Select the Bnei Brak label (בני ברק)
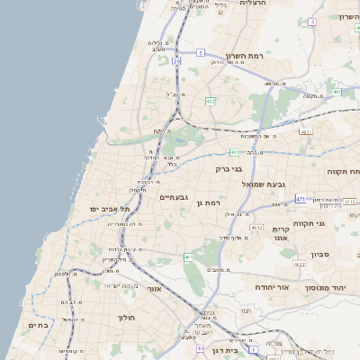229,168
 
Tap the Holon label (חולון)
125,318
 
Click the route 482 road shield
210,100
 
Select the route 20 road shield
176,61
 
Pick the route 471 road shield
300,199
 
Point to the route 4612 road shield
257,228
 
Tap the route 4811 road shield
305,131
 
